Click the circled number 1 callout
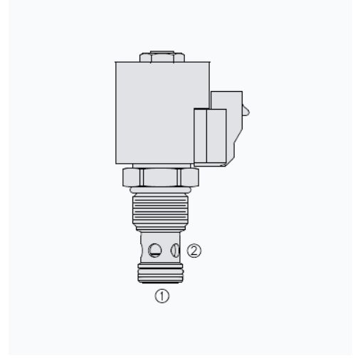coord(162,295)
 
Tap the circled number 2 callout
coord(194,251)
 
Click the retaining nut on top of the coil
coord(162,57)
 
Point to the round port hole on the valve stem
coord(155,250)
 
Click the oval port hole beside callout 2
coord(175,251)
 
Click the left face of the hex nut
coord(131,177)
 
